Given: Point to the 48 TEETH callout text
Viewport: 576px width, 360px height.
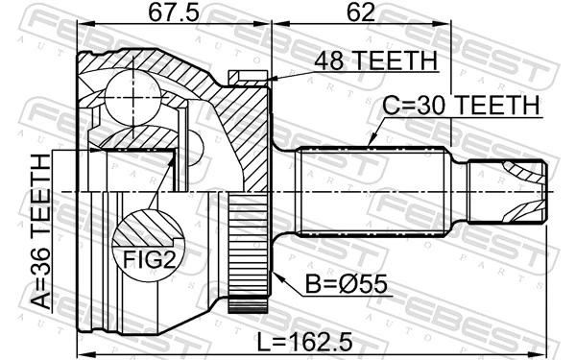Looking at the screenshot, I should pyautogui.click(x=375, y=61).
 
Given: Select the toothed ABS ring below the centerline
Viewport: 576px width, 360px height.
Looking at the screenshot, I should pyautogui.click(x=247, y=254).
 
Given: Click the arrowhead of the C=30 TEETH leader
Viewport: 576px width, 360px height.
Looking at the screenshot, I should pyautogui.click(x=371, y=145).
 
